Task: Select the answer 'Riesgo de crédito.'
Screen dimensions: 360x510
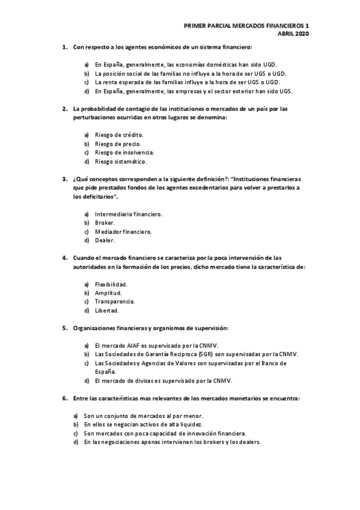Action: coord(119,135)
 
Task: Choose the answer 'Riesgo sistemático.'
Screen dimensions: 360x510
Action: coord(121,162)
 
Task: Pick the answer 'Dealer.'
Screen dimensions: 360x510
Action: coord(105,241)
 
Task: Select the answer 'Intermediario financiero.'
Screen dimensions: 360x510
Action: coord(129,214)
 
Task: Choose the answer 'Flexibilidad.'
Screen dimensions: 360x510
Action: coord(112,284)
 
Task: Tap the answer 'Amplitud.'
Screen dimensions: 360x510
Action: coord(108,293)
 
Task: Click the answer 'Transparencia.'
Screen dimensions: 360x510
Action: coord(115,302)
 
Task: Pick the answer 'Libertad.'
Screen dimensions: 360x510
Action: coord(107,311)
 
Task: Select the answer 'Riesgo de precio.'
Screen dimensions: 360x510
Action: coord(118,144)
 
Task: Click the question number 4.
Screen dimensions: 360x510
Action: coord(65,257)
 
